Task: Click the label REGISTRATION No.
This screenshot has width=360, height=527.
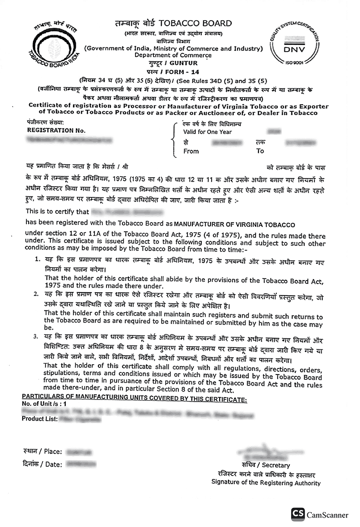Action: click(x=53, y=130)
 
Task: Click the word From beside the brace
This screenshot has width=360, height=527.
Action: click(x=191, y=151)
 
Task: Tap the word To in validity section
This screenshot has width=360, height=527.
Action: click(x=260, y=151)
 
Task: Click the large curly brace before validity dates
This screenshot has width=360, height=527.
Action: click(x=174, y=139)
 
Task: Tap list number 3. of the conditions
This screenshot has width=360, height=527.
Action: click(x=38, y=336)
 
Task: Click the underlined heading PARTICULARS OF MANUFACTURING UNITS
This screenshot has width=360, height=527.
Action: click(x=134, y=399)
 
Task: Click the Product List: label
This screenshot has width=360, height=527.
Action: click(x=40, y=419)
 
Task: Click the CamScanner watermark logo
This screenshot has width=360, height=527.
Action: click(x=320, y=514)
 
